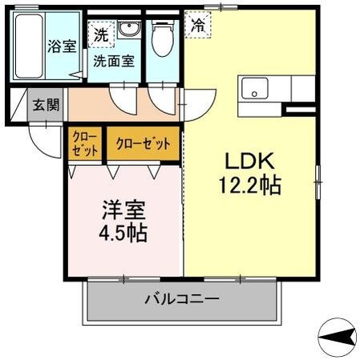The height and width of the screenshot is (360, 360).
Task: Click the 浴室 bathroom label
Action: (61, 46)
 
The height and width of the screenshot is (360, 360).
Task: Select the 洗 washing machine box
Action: (100, 34)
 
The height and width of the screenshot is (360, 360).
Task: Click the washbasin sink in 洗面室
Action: (128, 30)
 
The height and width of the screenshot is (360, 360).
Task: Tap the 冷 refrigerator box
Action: (197, 24)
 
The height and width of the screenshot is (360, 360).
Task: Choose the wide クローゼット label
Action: (143, 144)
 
